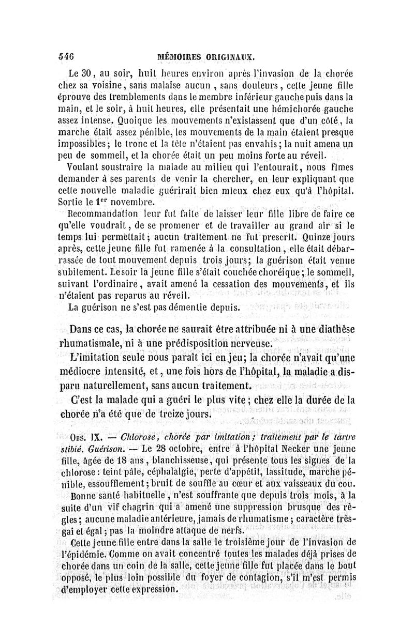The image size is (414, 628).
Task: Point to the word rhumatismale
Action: pyautogui.click(x=101, y=343)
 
